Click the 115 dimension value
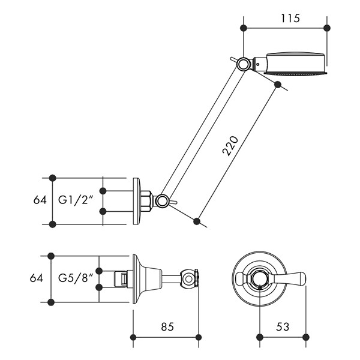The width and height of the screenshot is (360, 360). tap(290, 19)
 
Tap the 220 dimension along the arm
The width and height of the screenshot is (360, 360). tap(230, 146)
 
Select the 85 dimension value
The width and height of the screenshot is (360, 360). tap(167, 327)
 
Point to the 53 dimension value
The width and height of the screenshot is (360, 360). tap(283, 327)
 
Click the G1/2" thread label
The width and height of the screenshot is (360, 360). tap(76, 200)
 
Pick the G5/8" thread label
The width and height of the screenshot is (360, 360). tap(76, 278)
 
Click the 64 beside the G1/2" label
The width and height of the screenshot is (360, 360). tap(40, 200)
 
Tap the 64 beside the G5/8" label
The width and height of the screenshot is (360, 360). tap(36, 278)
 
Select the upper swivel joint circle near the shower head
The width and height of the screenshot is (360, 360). tap(243, 64)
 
